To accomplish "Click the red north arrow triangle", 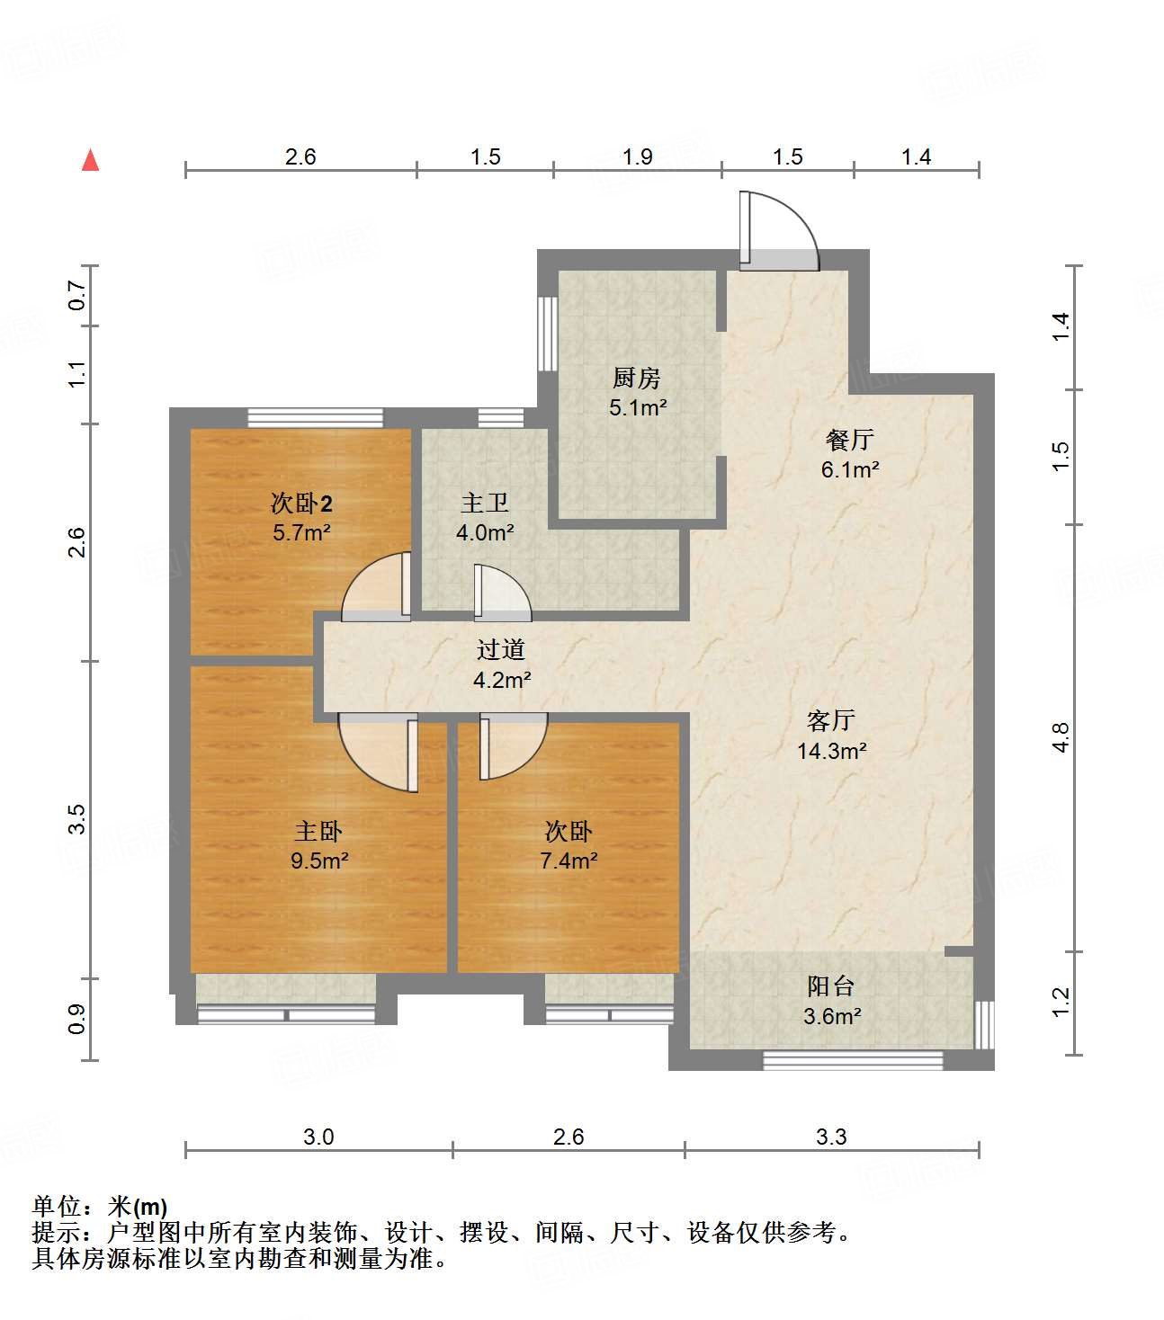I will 90,161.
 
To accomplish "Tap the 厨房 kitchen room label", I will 637,378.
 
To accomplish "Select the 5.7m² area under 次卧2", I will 301,532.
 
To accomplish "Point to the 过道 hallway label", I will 500,649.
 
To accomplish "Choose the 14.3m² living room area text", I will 831,751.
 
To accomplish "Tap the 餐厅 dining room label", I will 849,440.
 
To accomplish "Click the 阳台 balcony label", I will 830,986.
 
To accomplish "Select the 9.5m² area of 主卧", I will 319,861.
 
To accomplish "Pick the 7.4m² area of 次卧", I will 569,861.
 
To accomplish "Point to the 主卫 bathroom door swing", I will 501,593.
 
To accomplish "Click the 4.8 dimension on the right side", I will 1061,737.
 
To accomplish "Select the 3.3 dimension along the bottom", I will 831,1137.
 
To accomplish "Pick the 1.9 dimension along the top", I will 637,156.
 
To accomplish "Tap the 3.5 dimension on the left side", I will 77,819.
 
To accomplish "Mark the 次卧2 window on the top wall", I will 315,417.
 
